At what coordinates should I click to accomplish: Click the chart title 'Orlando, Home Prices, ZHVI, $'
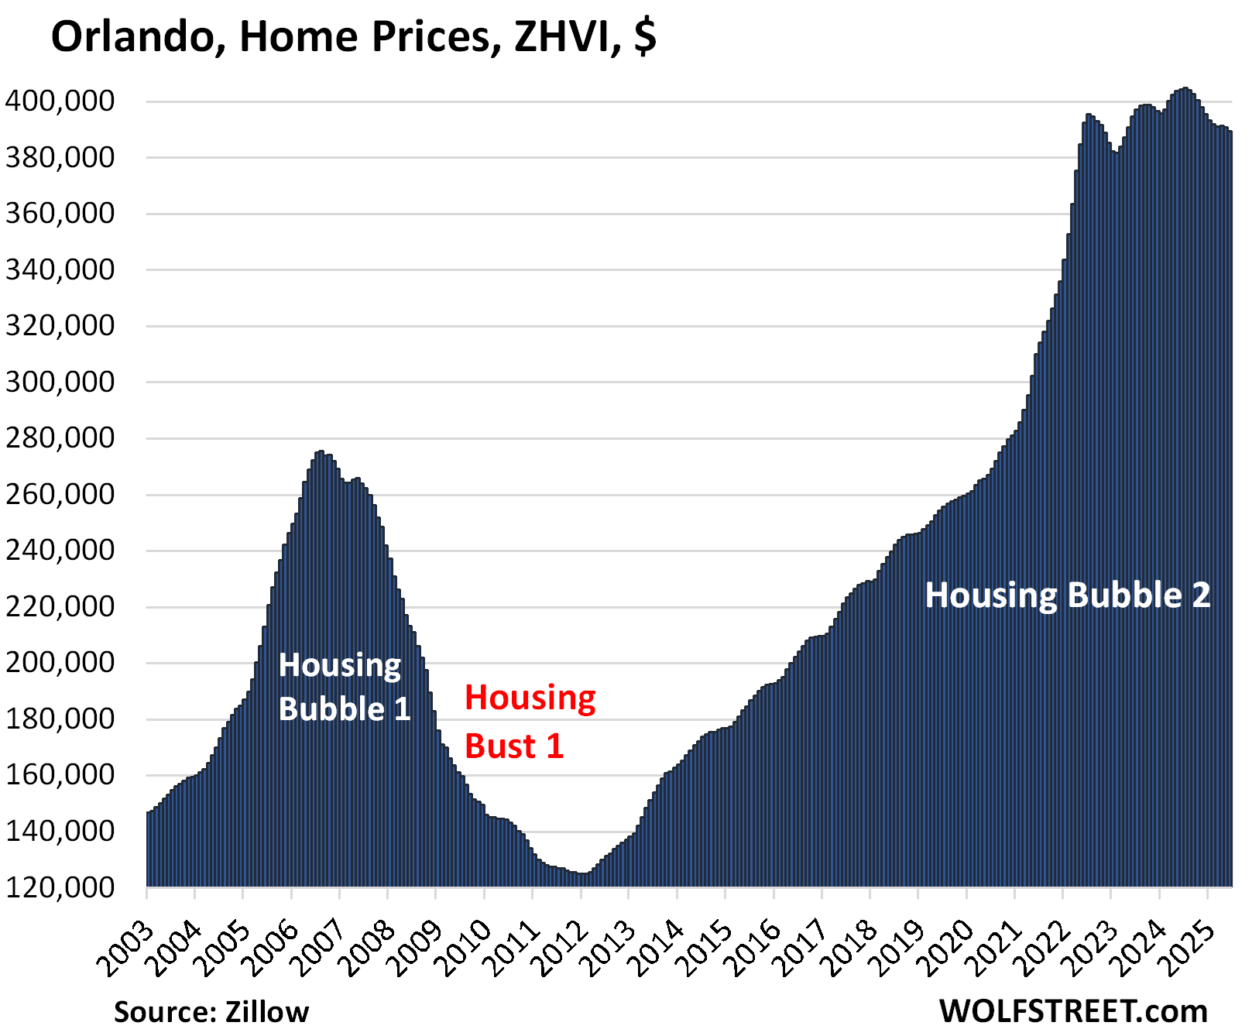coord(354,37)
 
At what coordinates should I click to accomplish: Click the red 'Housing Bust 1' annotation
coord(530,722)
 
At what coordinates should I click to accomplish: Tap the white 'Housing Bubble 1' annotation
coord(343,687)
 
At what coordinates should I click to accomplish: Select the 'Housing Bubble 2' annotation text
coord(1067,595)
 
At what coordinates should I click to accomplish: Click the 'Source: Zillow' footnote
coord(211,1011)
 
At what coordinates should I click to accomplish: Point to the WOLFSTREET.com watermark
coord(1073,1010)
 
